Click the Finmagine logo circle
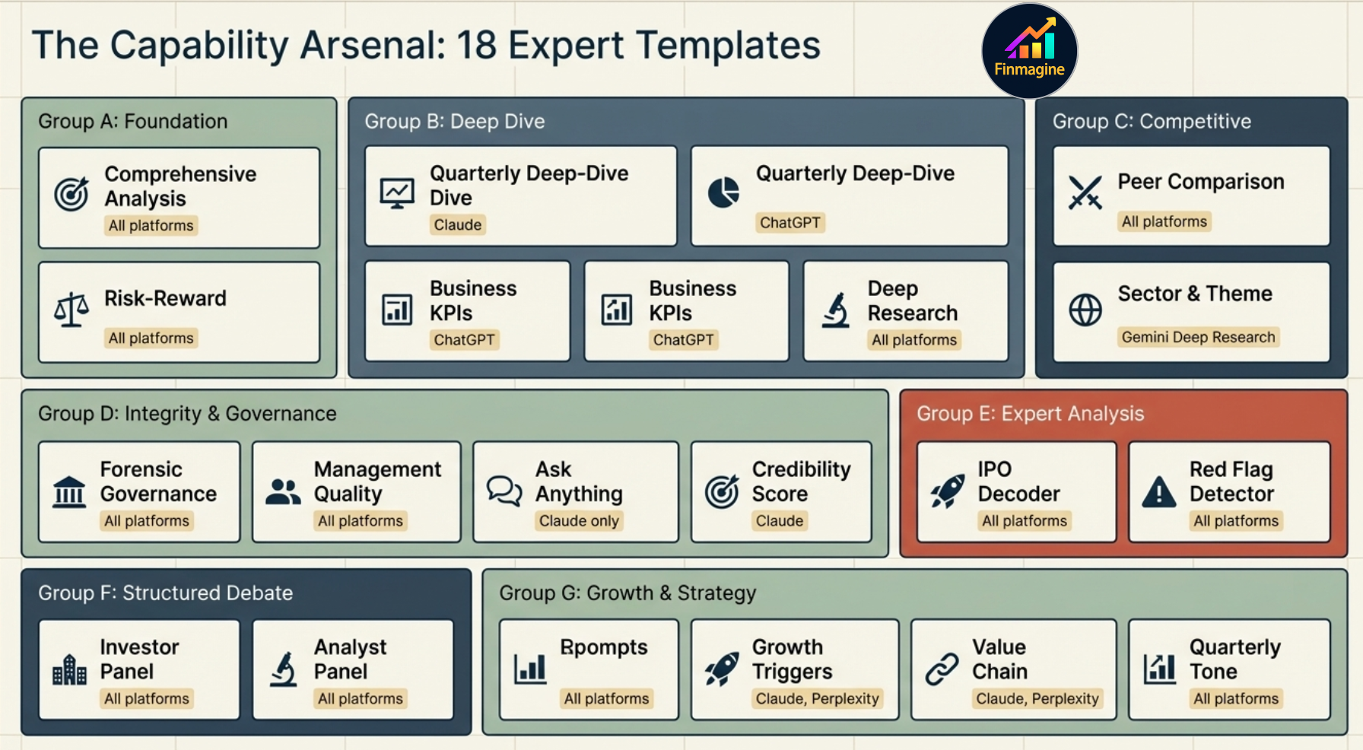click(x=1029, y=51)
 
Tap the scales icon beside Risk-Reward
click(x=71, y=310)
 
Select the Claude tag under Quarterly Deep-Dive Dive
click(x=457, y=225)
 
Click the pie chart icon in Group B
click(x=723, y=192)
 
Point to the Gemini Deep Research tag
click(x=1197, y=337)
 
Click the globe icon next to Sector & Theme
click(x=1085, y=310)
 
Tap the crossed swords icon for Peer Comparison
click(x=1085, y=192)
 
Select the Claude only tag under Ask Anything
click(x=578, y=521)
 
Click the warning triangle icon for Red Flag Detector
click(x=1158, y=493)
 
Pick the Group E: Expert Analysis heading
click(x=1030, y=414)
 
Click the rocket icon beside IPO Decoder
click(x=947, y=491)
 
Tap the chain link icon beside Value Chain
click(x=942, y=669)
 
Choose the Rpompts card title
click(x=603, y=647)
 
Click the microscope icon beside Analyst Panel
click(x=284, y=669)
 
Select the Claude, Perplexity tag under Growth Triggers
click(x=817, y=698)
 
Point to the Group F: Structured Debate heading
click(x=165, y=593)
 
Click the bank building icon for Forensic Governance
click(x=69, y=491)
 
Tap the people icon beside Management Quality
click(x=283, y=492)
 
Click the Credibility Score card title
click(x=801, y=481)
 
